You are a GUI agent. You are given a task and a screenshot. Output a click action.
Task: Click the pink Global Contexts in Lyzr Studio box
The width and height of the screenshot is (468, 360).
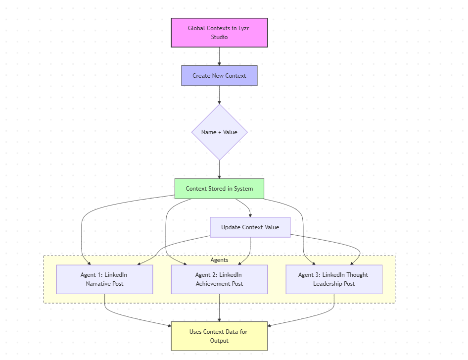coord(219,33)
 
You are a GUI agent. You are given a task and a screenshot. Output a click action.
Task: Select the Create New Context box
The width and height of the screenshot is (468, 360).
coord(219,76)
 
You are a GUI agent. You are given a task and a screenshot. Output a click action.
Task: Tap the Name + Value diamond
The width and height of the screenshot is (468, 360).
coord(219,132)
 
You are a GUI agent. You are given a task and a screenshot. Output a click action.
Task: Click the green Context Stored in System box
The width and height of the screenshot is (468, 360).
coord(219,189)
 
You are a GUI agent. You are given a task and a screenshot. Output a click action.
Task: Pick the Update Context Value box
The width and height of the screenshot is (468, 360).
coord(250,227)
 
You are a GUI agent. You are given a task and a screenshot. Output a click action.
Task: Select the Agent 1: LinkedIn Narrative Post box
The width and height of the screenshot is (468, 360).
coord(104,279)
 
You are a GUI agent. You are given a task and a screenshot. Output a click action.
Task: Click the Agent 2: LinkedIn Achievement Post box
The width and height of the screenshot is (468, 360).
coord(219,279)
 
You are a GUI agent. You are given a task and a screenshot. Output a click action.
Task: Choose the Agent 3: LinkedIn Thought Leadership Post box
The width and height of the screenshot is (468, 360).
coord(334,279)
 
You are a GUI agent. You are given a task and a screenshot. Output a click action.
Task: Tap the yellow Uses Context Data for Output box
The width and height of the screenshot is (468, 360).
coord(219,336)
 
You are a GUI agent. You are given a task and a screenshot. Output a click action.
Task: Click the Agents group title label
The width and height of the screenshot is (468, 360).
coord(219,260)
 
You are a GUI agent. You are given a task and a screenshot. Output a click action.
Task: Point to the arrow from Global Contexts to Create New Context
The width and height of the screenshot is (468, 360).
coord(219,56)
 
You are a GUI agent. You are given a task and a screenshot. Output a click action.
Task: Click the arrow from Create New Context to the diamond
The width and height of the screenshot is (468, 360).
coord(219,95)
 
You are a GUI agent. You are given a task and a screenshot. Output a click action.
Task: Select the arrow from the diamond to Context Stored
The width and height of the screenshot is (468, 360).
coord(219,169)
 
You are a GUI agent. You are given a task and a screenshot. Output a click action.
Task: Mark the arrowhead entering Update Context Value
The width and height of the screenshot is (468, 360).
coord(250,215)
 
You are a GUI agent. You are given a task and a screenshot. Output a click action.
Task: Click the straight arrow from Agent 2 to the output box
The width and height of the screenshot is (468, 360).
coord(219,308)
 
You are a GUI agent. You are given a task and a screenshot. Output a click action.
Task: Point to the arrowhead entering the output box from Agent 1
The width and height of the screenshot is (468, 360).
coord(168,325)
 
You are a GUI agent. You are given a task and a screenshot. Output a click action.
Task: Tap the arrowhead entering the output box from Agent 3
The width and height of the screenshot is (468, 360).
coord(271,325)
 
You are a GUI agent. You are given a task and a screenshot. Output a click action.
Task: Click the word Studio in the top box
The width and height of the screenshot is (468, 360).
coord(219,37)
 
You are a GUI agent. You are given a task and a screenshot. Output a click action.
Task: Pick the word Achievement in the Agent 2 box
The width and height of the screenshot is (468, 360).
coord(213,284)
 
